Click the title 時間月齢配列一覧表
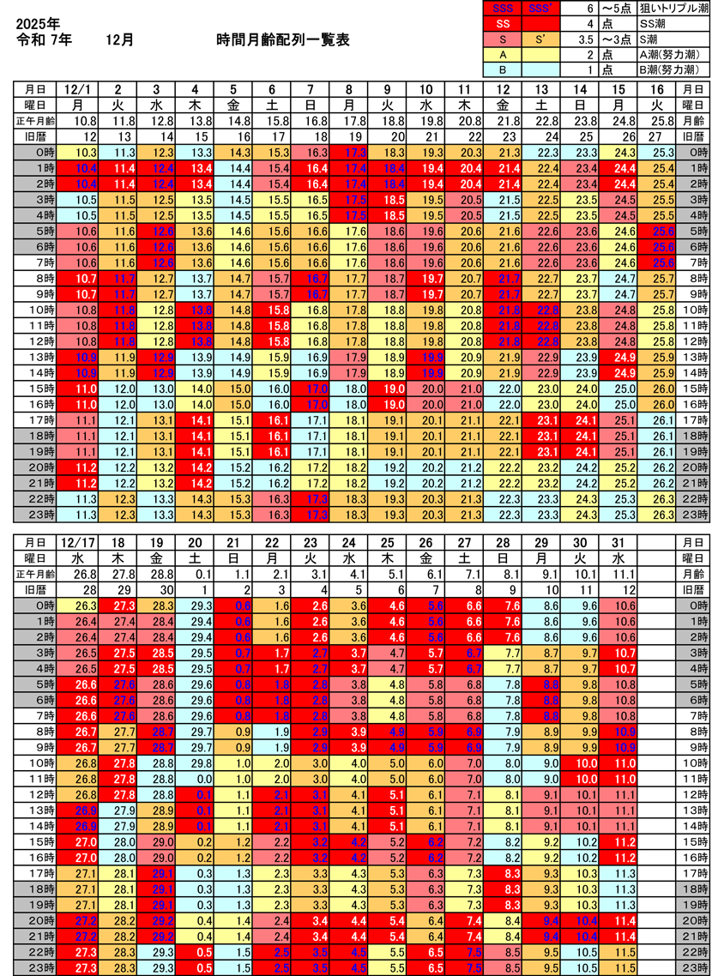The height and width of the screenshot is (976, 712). coord(283,40)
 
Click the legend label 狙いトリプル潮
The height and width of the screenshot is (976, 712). coord(673,8)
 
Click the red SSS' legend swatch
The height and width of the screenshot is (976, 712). coord(540,8)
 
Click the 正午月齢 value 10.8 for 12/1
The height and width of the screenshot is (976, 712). coord(82,120)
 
